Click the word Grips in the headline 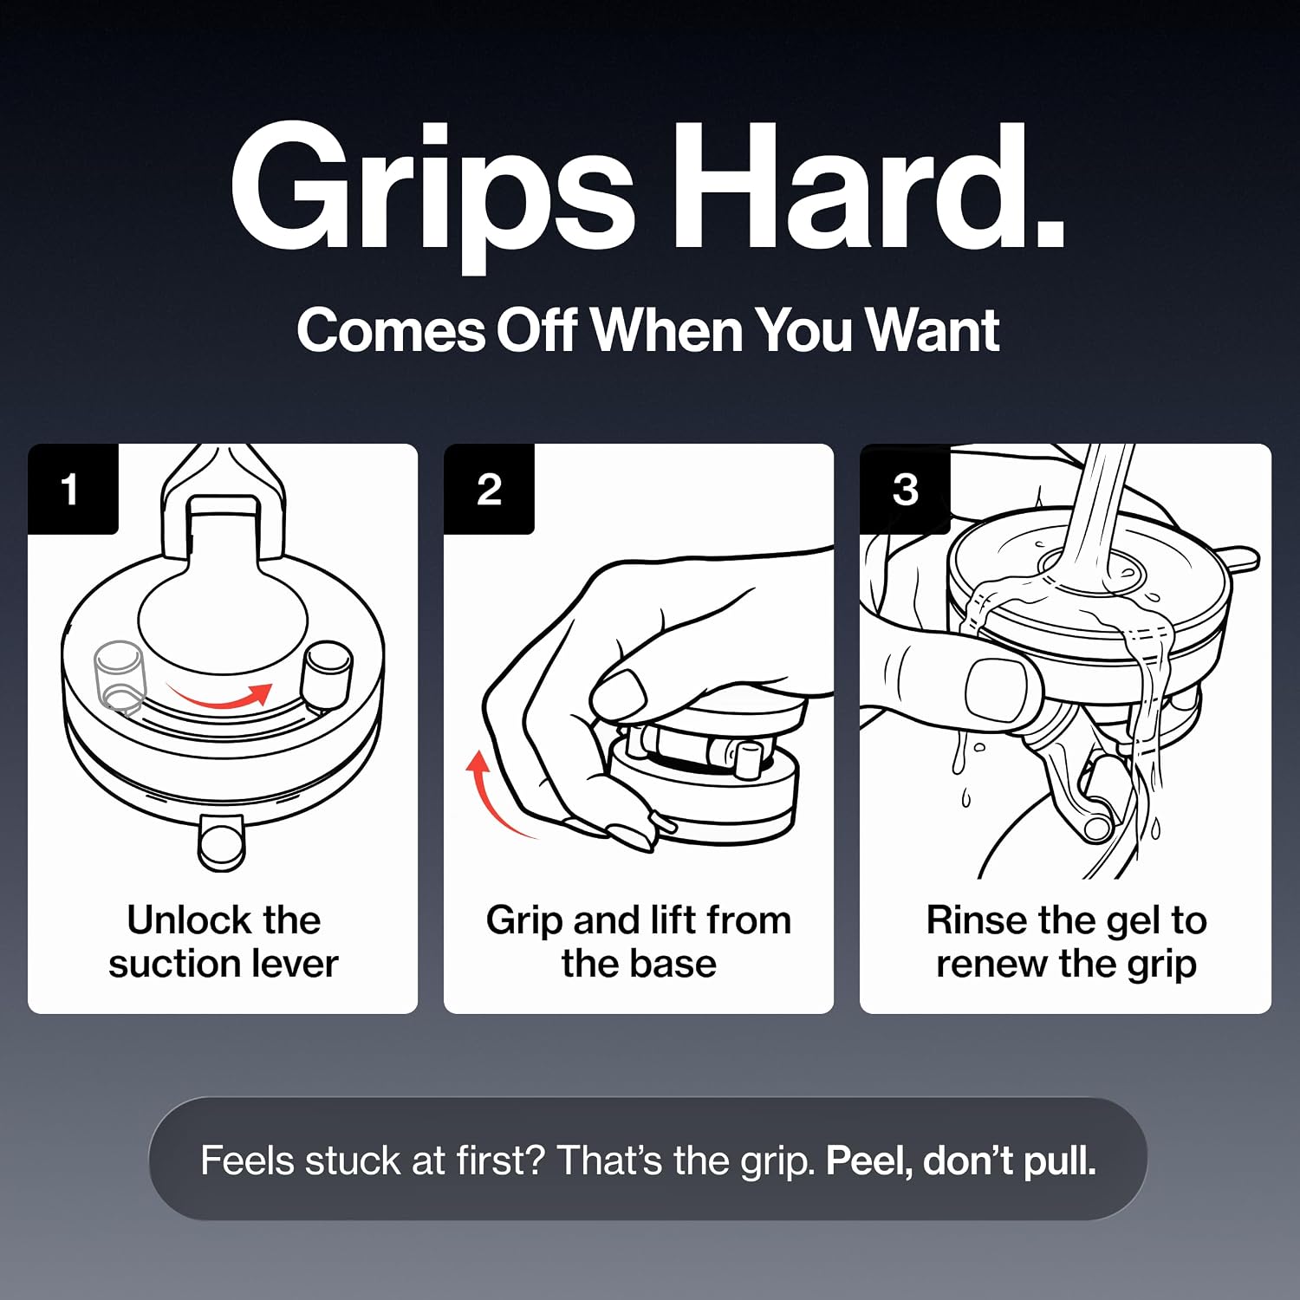[433, 198]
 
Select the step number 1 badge [73, 489]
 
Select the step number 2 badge [489, 489]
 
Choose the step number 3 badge [905, 489]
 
